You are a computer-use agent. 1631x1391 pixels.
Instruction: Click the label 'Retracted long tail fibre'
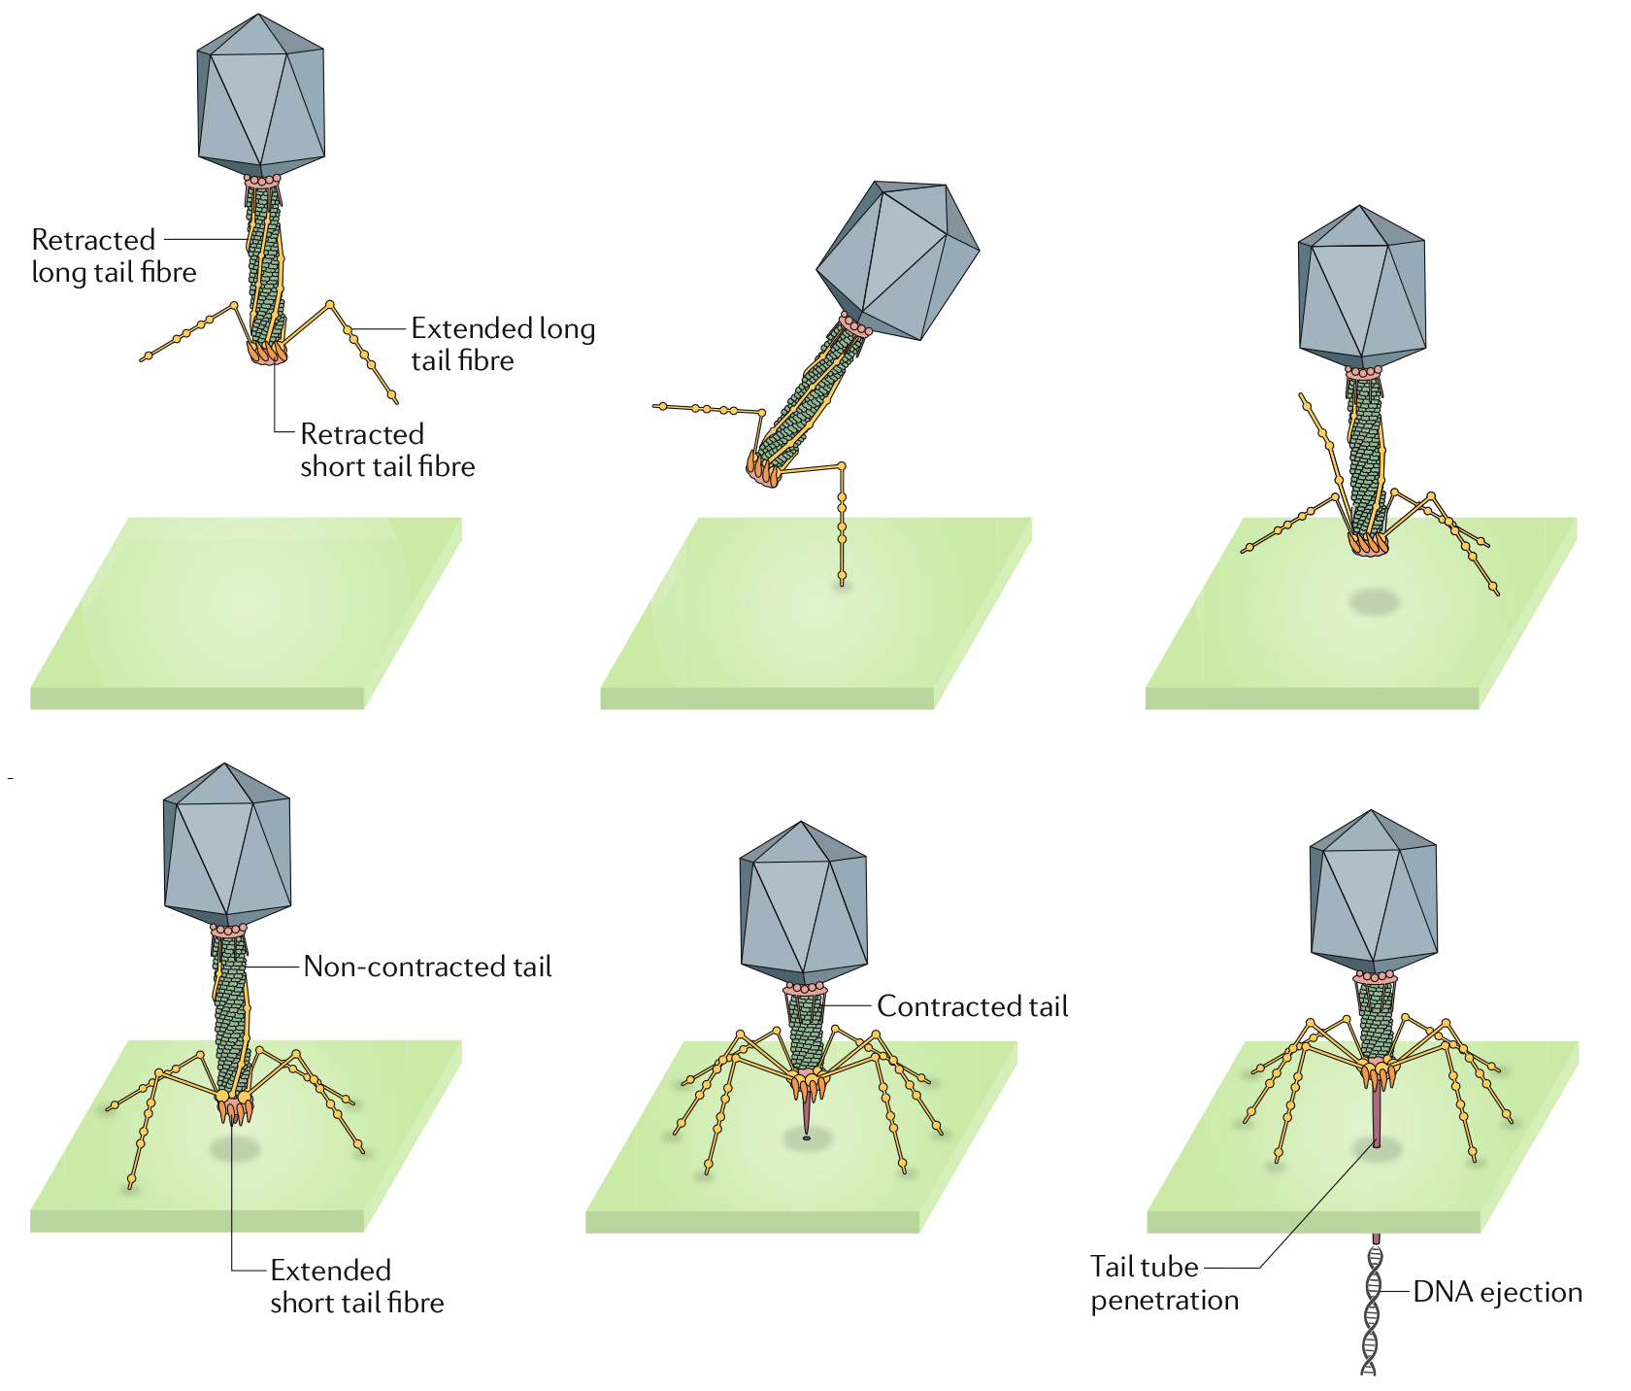coord(114,255)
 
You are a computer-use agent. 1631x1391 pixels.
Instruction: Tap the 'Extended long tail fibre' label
coord(502,344)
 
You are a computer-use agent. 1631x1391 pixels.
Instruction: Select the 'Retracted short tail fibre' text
coord(386,450)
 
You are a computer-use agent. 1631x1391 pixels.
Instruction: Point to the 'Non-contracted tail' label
coord(427,967)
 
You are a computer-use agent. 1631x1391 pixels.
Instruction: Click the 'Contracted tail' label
coord(972,1006)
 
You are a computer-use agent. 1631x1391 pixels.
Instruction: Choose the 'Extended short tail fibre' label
coord(356,1286)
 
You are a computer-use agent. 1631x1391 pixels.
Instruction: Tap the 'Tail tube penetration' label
coord(1163,1283)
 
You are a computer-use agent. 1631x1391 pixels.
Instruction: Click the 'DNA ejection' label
coord(1497,1292)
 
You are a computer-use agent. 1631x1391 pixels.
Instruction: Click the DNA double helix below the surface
coord(1371,1311)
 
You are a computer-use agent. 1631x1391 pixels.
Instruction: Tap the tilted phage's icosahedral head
coord(898,259)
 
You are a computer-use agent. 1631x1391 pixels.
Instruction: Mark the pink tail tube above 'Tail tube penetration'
coord(1376,1117)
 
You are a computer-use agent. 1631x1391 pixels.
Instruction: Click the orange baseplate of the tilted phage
coord(763,471)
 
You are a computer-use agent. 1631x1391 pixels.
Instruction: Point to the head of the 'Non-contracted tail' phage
coord(227,843)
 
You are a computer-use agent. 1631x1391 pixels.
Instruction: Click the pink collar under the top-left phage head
coord(262,180)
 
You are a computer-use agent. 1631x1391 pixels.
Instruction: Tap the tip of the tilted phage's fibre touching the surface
coord(842,581)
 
